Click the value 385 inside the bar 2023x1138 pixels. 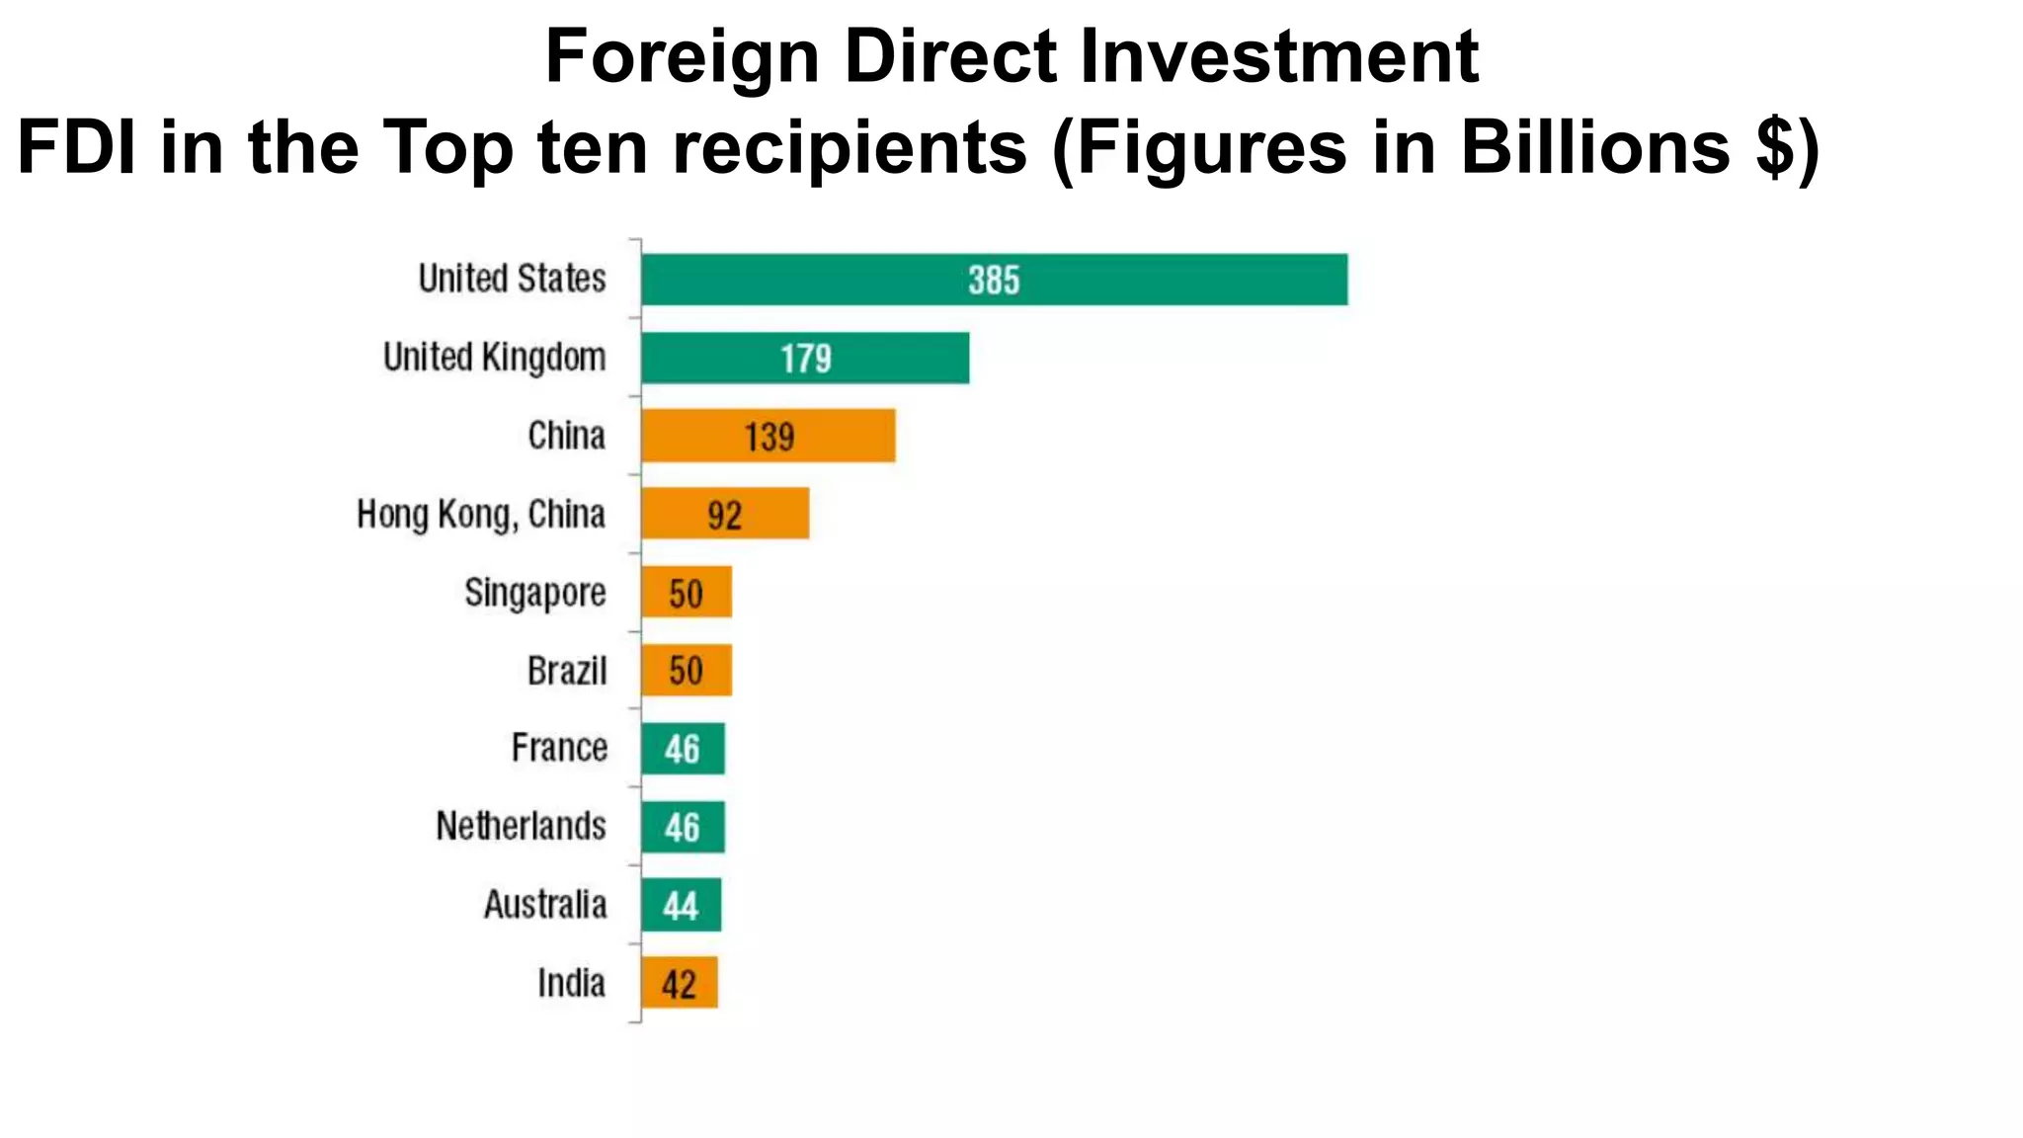tap(993, 281)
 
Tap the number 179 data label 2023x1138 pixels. tap(805, 359)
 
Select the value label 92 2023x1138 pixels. tap(724, 516)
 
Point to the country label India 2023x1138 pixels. tap(571, 983)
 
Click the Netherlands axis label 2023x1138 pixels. tap(521, 826)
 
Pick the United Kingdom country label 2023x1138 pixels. tap(494, 358)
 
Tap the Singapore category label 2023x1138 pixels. tap(534, 593)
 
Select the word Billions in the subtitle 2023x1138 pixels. tap(1593, 148)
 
